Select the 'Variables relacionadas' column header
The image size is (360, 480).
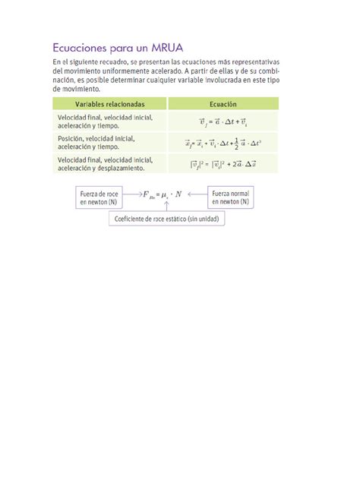click(109, 103)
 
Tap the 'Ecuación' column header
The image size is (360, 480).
click(223, 103)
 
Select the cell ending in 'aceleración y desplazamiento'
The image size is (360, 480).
click(104, 168)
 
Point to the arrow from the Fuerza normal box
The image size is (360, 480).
click(197, 194)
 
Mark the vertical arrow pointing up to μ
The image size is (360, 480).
click(168, 206)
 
